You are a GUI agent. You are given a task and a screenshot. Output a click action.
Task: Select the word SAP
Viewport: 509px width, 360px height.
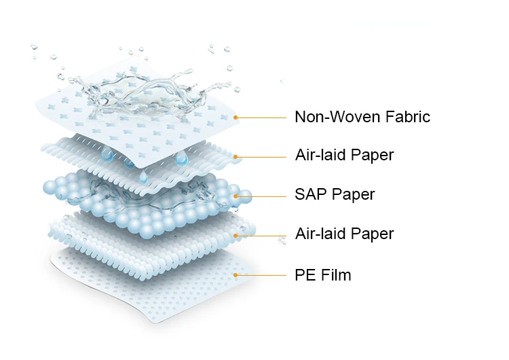[310, 195]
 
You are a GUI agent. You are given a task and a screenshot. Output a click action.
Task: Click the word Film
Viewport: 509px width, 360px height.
[335, 275]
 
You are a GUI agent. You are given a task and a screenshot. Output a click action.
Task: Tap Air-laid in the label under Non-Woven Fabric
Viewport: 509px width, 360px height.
[321, 155]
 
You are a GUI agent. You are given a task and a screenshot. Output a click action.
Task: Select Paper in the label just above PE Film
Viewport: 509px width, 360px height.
[372, 234]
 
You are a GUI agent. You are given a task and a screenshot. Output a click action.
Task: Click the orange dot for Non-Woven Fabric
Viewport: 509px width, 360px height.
[235, 118]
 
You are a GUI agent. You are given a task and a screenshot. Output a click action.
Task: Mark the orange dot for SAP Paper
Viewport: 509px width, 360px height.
[235, 196]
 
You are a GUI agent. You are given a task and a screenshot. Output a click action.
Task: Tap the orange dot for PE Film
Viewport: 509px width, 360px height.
[235, 275]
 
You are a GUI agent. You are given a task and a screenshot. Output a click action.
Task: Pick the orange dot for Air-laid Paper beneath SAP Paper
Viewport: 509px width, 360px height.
[235, 236]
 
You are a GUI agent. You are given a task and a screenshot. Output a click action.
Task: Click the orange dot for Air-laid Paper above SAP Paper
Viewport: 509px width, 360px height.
[235, 157]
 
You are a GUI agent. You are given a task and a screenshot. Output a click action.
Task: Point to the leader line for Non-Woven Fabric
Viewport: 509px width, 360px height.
[261, 118]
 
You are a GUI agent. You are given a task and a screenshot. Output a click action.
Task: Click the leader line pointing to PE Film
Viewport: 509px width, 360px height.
[261, 275]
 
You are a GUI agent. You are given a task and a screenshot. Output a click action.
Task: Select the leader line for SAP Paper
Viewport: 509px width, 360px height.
[261, 196]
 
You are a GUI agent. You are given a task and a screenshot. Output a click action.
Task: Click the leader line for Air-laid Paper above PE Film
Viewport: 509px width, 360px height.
[261, 236]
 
